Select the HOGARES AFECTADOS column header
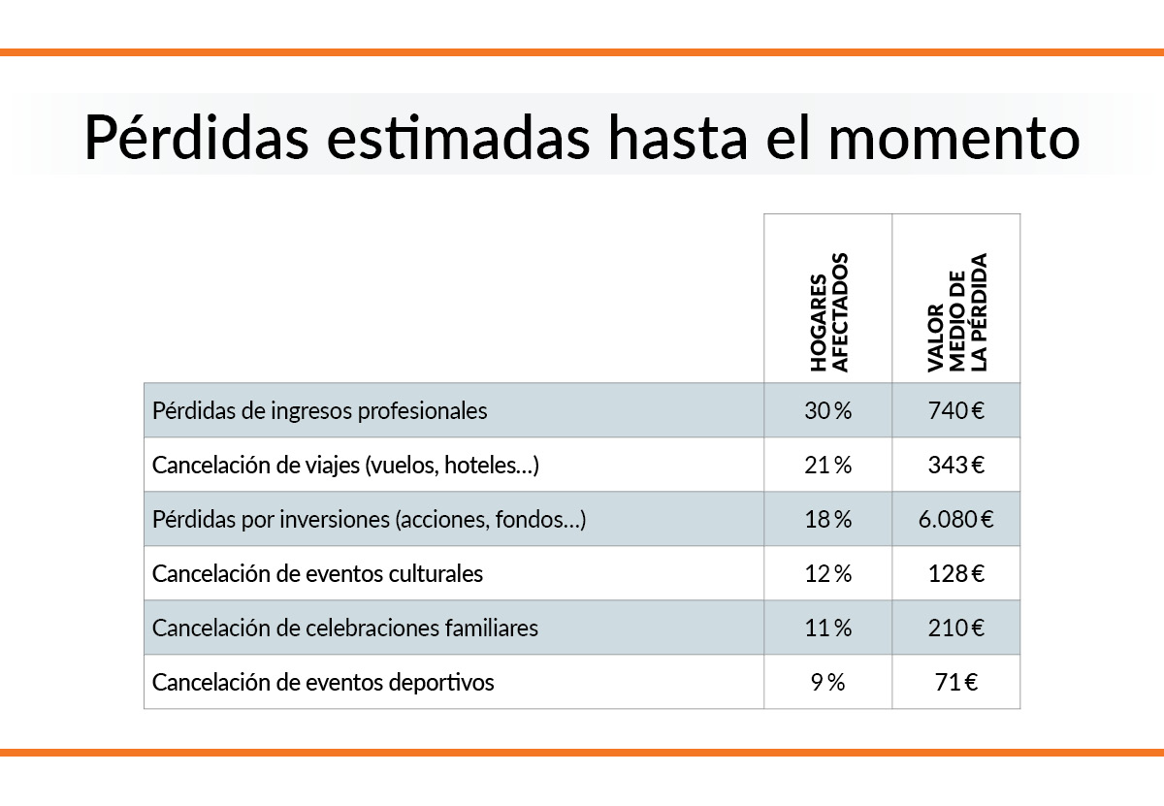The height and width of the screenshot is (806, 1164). (828, 312)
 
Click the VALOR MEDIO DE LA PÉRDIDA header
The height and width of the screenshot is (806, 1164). (956, 312)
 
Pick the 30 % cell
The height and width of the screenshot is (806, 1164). (827, 410)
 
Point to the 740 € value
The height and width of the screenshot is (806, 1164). (955, 410)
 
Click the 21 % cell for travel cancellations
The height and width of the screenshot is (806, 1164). (827, 465)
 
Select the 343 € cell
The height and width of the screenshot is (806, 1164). (955, 465)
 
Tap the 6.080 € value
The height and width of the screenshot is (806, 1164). (955, 519)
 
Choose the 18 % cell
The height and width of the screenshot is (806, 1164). (827, 519)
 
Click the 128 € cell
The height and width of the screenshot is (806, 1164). (955, 573)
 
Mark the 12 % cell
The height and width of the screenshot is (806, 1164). (827, 573)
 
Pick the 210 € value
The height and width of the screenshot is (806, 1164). (955, 628)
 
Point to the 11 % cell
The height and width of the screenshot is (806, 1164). (827, 628)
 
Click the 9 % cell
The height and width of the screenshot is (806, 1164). (827, 682)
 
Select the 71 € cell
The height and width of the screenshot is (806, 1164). (955, 682)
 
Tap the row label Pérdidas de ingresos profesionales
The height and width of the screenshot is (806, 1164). (319, 410)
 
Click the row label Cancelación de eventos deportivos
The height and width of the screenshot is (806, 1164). (323, 682)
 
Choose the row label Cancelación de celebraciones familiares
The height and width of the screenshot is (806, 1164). (344, 628)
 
